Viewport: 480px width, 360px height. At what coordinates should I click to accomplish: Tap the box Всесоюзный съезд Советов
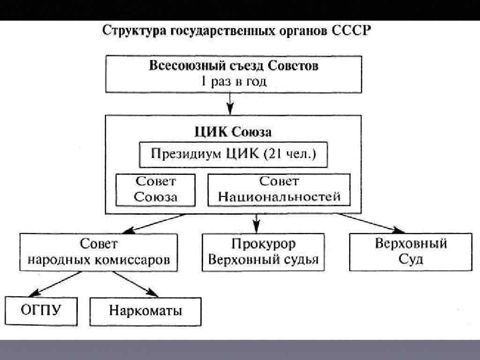click(233, 74)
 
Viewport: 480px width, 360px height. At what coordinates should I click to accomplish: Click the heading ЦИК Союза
click(233, 132)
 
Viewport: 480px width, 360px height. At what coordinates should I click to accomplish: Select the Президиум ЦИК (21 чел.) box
click(233, 155)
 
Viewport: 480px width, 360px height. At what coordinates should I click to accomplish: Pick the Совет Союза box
click(156, 189)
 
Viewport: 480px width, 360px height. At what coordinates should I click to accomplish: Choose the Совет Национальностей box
click(279, 189)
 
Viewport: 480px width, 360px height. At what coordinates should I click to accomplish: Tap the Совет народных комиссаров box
click(98, 252)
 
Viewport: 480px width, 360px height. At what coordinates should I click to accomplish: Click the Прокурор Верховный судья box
click(263, 252)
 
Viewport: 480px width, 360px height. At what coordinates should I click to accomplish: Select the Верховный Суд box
click(411, 252)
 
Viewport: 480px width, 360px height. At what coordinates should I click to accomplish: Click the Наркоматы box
click(145, 311)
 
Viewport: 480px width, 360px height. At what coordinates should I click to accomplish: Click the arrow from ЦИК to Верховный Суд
click(370, 223)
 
